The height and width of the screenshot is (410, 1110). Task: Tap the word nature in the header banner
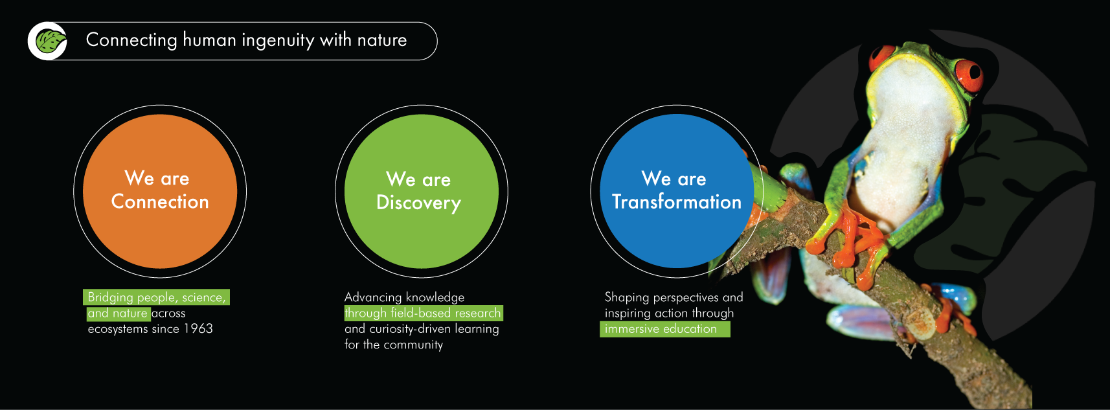click(382, 40)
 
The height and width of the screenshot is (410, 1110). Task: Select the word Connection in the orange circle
click(160, 202)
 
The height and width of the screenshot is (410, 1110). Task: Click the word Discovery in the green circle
click(419, 203)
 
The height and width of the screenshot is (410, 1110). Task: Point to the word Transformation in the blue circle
click(676, 202)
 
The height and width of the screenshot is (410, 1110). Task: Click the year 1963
click(198, 328)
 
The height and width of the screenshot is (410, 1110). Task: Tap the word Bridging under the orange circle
click(111, 297)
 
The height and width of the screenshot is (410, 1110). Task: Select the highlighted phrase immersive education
click(661, 328)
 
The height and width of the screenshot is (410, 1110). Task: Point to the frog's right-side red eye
click(969, 75)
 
